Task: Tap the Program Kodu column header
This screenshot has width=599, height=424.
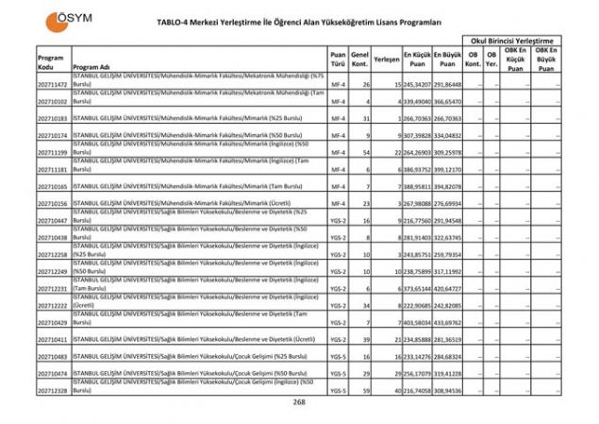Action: pyautogui.click(x=51, y=62)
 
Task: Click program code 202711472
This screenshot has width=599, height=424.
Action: pyautogui.click(x=53, y=85)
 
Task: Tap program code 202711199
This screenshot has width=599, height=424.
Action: pyautogui.click(x=53, y=152)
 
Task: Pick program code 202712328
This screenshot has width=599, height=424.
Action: pyautogui.click(x=53, y=389)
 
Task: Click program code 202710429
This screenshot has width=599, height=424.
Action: pyautogui.click(x=53, y=322)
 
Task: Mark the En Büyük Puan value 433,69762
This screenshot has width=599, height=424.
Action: pyautogui.click(x=448, y=322)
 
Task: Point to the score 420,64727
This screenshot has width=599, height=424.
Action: pyautogui.click(x=448, y=288)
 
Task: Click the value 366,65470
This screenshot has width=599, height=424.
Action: pyautogui.click(x=448, y=102)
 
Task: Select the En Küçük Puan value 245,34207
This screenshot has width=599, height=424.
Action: pyautogui.click(x=417, y=85)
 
